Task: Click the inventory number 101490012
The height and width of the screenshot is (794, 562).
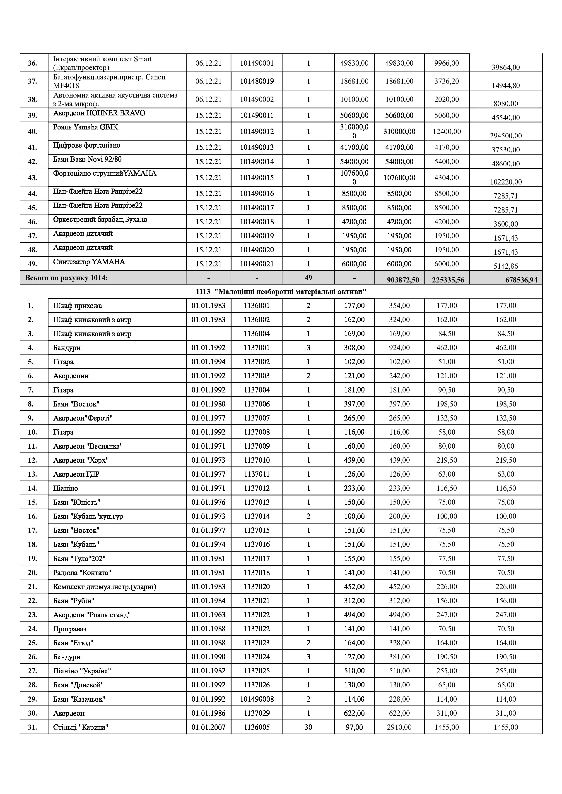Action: pos(257,132)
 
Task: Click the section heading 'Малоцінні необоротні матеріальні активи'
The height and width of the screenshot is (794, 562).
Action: pos(281,292)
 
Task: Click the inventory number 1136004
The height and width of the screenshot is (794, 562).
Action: pos(257,334)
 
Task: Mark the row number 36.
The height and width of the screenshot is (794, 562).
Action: pos(33,63)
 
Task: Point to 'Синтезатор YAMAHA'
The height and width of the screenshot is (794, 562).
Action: pos(89,262)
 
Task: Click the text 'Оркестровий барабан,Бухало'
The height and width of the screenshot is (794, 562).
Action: pos(100,220)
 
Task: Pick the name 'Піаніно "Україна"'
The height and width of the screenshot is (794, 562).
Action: pos(82,671)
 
